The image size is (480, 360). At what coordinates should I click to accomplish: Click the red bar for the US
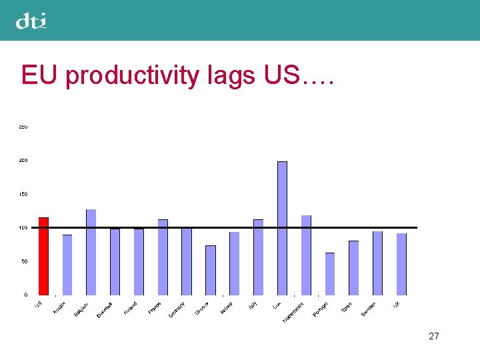(x=43, y=256)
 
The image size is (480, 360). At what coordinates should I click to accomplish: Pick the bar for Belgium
(x=91, y=252)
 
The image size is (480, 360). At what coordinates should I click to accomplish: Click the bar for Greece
(x=211, y=270)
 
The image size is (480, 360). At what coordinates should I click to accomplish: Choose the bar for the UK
(x=401, y=264)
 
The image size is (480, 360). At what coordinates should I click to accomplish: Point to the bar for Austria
(x=67, y=265)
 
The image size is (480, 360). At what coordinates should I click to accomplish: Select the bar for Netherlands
(x=306, y=255)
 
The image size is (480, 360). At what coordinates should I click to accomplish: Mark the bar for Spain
(x=353, y=267)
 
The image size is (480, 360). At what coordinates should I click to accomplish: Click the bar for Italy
(x=258, y=257)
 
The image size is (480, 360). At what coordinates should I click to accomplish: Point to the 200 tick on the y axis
(x=23, y=161)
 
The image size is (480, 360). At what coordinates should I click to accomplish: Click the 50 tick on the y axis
(x=24, y=261)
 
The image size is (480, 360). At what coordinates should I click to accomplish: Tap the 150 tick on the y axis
(x=23, y=194)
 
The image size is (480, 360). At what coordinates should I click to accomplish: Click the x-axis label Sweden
(x=369, y=309)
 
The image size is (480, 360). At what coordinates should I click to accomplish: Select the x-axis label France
(x=155, y=308)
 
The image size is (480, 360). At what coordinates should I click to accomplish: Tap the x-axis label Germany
(x=177, y=310)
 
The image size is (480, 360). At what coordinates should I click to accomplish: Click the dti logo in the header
(x=31, y=21)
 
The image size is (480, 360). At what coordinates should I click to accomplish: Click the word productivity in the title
(x=132, y=75)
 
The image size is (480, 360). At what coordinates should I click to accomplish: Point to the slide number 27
(x=434, y=336)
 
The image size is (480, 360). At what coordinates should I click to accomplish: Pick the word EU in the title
(x=41, y=75)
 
